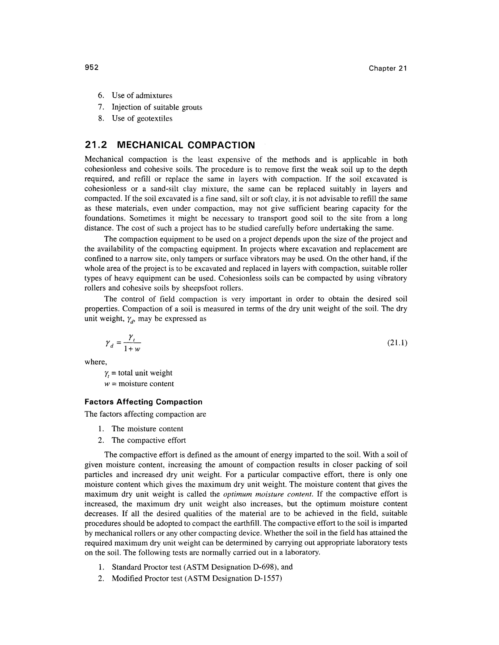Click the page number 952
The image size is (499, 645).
[91, 68]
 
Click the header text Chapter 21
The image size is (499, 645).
[388, 69]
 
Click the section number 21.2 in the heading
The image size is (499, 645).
[96, 145]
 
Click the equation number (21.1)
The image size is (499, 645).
[397, 343]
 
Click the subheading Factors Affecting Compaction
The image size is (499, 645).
[143, 402]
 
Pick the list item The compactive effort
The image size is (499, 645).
[148, 440]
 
